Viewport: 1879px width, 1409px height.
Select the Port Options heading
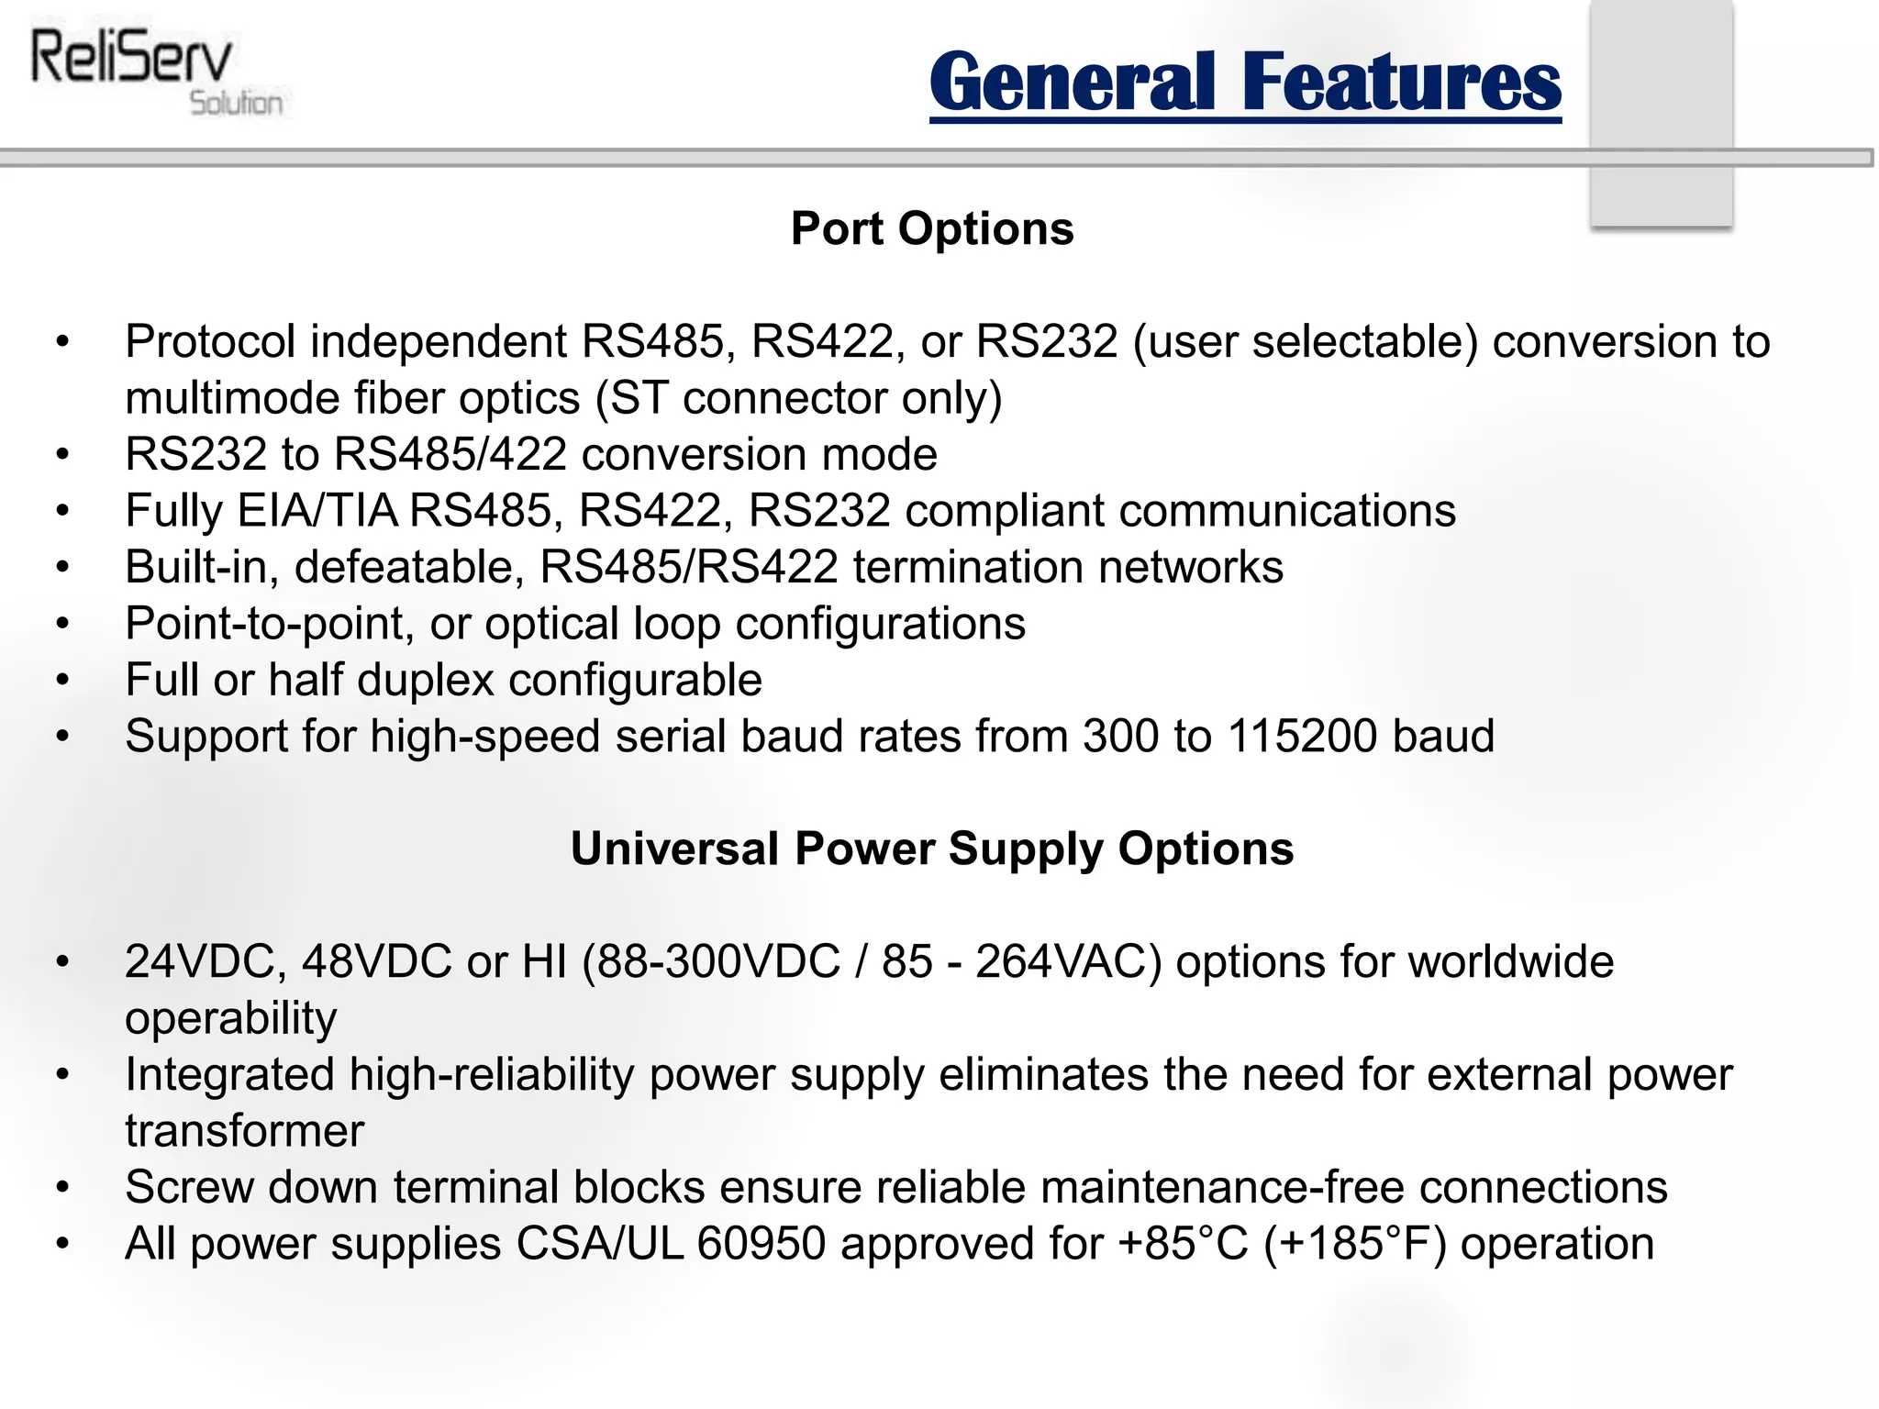[x=932, y=228]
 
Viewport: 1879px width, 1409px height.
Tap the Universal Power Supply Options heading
[x=932, y=849]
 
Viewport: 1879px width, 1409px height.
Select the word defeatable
[x=409, y=568]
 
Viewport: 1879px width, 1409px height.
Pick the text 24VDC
[x=206, y=962]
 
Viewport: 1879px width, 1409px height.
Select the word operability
[x=231, y=1019]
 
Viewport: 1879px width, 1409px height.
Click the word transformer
[x=245, y=1131]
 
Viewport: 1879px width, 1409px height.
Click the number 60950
[x=762, y=1245]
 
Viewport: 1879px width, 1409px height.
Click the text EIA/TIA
[x=317, y=511]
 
